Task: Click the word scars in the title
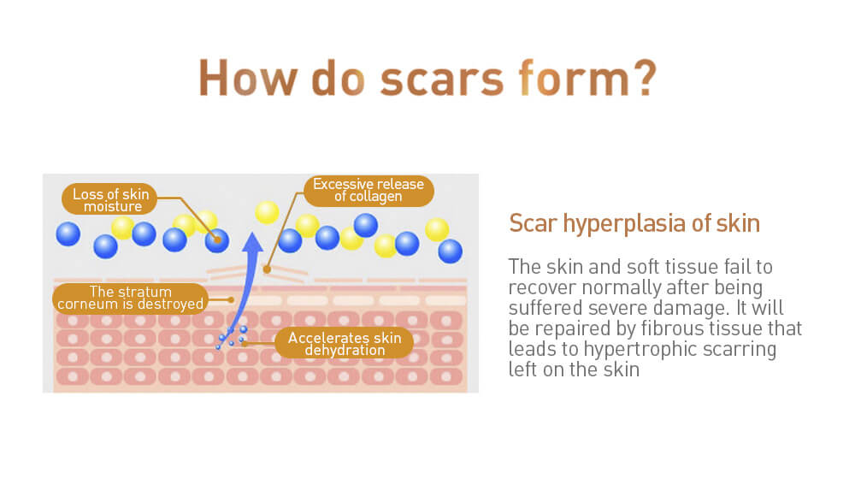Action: [x=442, y=79]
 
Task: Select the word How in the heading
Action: [x=248, y=78]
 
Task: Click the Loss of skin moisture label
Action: [x=110, y=199]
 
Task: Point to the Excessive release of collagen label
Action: [x=368, y=191]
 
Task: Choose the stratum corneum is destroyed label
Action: [x=130, y=299]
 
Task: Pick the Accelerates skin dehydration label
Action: [x=344, y=343]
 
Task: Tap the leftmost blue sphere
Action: [x=68, y=234]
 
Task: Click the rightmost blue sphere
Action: [x=450, y=251]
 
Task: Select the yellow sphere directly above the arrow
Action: [x=267, y=212]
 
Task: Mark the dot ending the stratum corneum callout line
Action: [x=231, y=299]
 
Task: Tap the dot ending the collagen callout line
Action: [x=267, y=269]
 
